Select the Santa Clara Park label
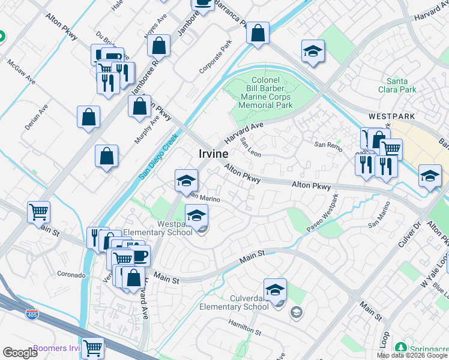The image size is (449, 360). click(x=402, y=85)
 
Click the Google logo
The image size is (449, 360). click(x=20, y=353)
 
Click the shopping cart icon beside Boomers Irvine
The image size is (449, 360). click(x=92, y=347)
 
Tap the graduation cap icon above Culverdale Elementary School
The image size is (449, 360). click(x=275, y=289)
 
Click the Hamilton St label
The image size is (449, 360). click(x=244, y=328)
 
